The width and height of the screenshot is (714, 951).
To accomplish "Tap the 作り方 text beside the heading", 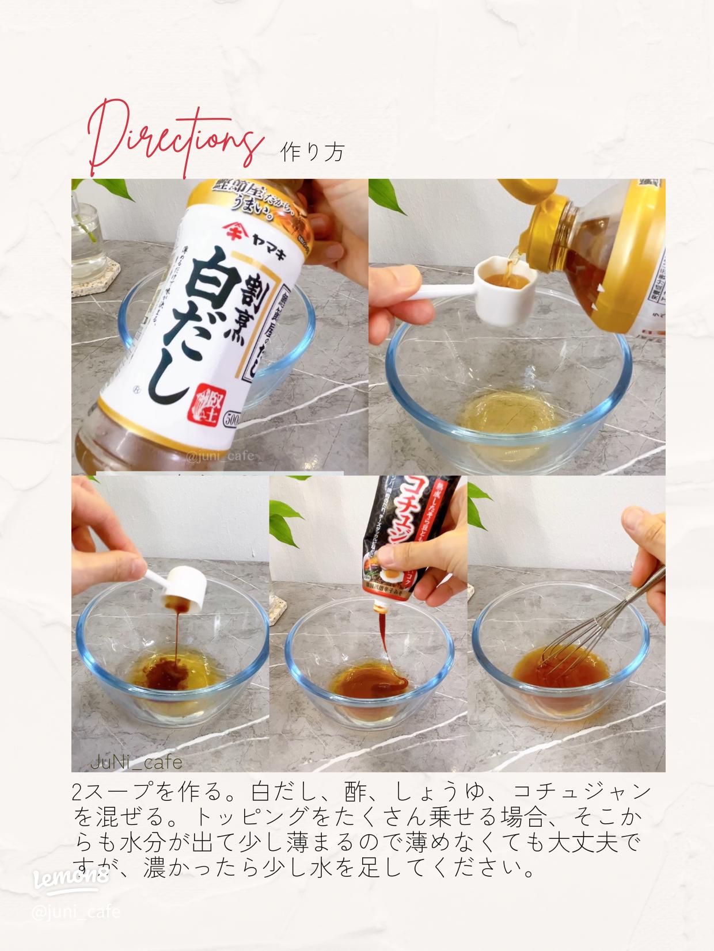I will pos(313,152).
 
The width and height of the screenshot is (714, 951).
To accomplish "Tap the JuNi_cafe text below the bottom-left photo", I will pos(136,763).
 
